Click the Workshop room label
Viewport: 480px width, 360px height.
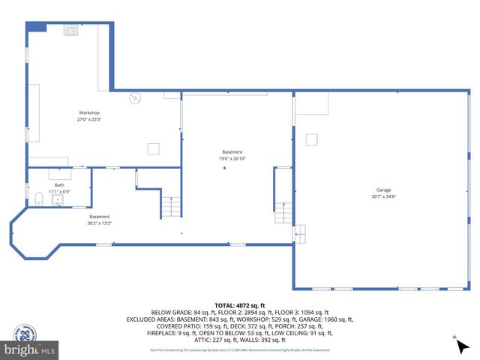coord(89,115)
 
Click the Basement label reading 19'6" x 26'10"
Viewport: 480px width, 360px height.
coord(232,155)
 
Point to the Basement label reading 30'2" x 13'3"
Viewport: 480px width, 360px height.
coord(99,220)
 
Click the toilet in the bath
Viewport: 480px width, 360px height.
coord(38,198)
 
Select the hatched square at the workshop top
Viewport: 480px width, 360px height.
coord(71,29)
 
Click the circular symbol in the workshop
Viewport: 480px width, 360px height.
coord(135,97)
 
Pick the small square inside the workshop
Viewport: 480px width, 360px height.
coord(153,148)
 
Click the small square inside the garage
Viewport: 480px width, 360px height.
coord(312,139)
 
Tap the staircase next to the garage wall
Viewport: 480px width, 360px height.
coord(283,213)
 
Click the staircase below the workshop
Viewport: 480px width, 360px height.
coord(172,206)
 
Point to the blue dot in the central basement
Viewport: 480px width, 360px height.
coord(224,168)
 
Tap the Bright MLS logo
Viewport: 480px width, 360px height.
coord(30,349)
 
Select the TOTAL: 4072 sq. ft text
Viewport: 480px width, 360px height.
coord(240,305)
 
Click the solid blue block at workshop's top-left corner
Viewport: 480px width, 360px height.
coord(37,26)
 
